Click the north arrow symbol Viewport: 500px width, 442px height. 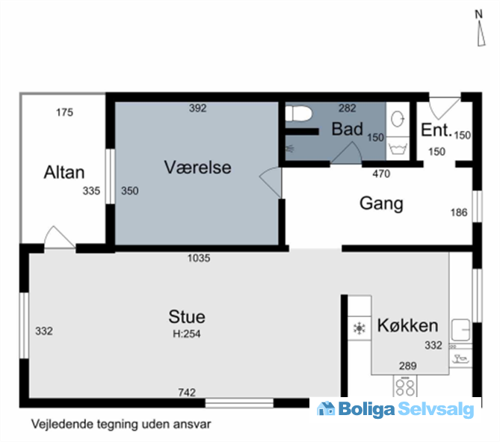481,35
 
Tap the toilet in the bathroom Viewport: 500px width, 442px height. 298,114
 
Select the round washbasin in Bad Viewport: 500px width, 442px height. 398,119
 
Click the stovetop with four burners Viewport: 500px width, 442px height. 405,386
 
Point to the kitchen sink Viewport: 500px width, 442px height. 461,330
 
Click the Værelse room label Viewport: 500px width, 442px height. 198,168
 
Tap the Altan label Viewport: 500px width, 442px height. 64,172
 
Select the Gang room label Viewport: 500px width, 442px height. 381,203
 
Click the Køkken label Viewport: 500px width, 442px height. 407,325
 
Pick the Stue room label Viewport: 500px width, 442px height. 187,316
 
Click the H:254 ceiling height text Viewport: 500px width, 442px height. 187,334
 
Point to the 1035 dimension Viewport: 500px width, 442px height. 199,258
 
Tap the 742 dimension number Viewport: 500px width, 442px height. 187,392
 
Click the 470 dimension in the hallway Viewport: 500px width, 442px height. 381,174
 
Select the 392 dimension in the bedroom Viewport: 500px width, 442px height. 198,108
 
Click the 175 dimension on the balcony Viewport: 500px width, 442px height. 64,112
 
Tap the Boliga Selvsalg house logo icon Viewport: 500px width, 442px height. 326,408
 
